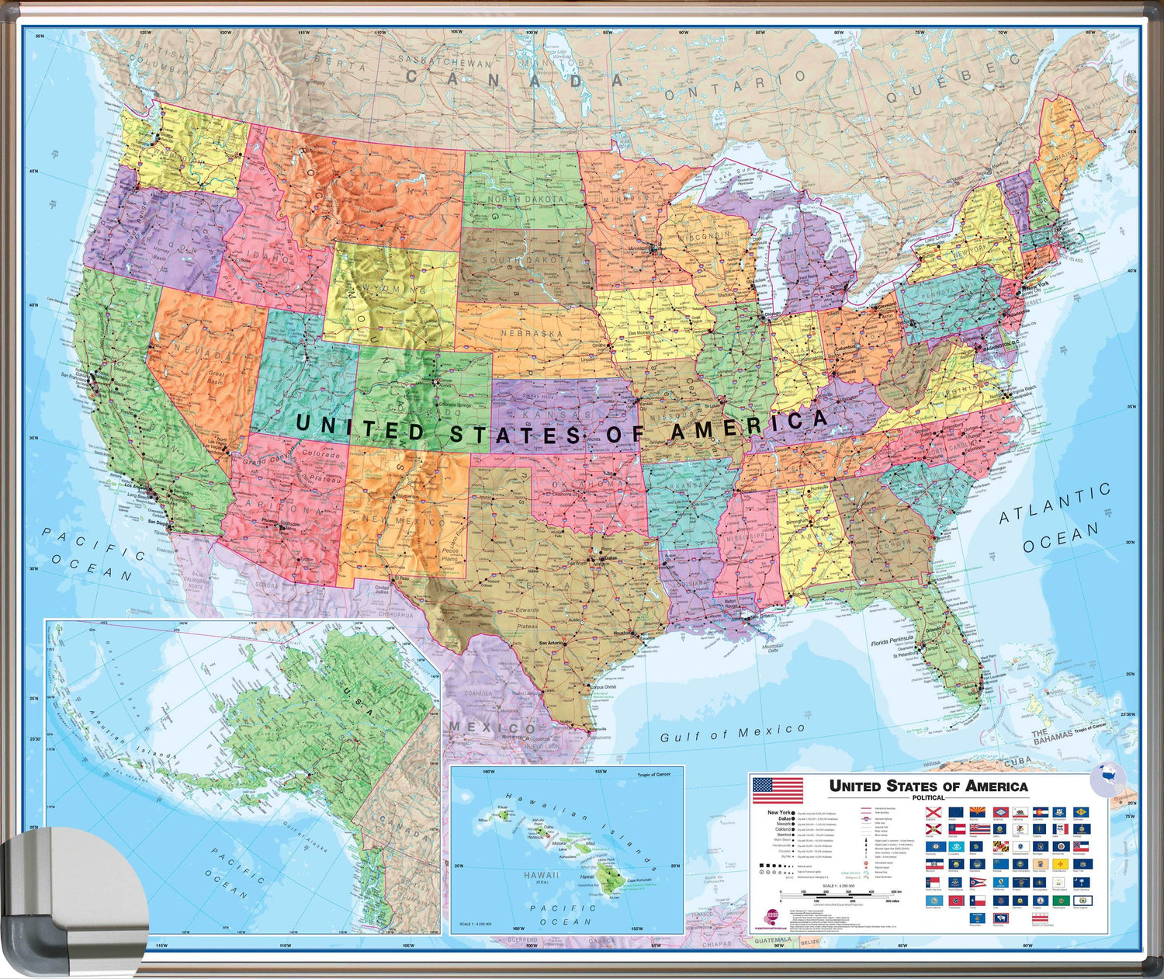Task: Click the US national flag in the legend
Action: [778, 790]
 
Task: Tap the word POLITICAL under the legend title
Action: [928, 798]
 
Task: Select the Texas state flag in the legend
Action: [978, 901]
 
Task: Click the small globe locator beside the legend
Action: [1108, 779]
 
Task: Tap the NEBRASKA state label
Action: [531, 334]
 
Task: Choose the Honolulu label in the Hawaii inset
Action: [535, 838]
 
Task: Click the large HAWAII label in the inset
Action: [541, 875]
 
